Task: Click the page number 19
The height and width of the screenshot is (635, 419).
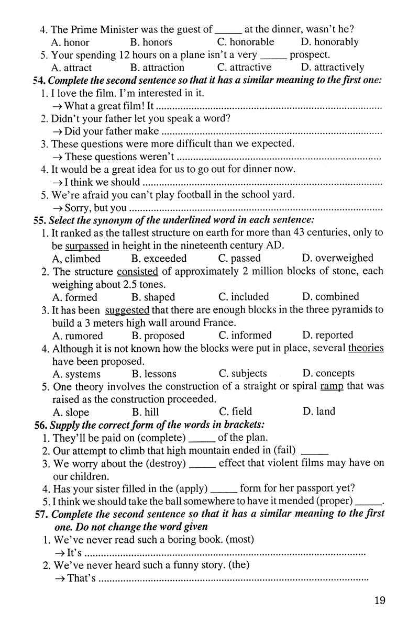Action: pyautogui.click(x=380, y=600)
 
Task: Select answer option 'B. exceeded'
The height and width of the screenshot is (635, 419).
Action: pyautogui.click(x=158, y=258)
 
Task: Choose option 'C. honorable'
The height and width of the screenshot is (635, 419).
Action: pyautogui.click(x=245, y=42)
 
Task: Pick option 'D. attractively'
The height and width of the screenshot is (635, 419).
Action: pyautogui.click(x=333, y=68)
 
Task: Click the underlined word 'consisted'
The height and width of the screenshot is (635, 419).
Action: pyautogui.click(x=137, y=271)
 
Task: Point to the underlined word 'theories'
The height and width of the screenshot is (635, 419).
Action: pyautogui.click(x=366, y=348)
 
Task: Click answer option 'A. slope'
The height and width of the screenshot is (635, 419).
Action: pyautogui.click(x=71, y=412)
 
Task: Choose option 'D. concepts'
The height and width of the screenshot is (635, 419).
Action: pyautogui.click(x=328, y=374)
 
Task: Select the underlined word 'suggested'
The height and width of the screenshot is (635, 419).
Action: pyautogui.click(x=127, y=310)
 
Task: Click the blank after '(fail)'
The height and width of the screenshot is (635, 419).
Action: pyautogui.click(x=315, y=451)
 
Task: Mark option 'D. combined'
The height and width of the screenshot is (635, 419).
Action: pyautogui.click(x=330, y=297)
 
